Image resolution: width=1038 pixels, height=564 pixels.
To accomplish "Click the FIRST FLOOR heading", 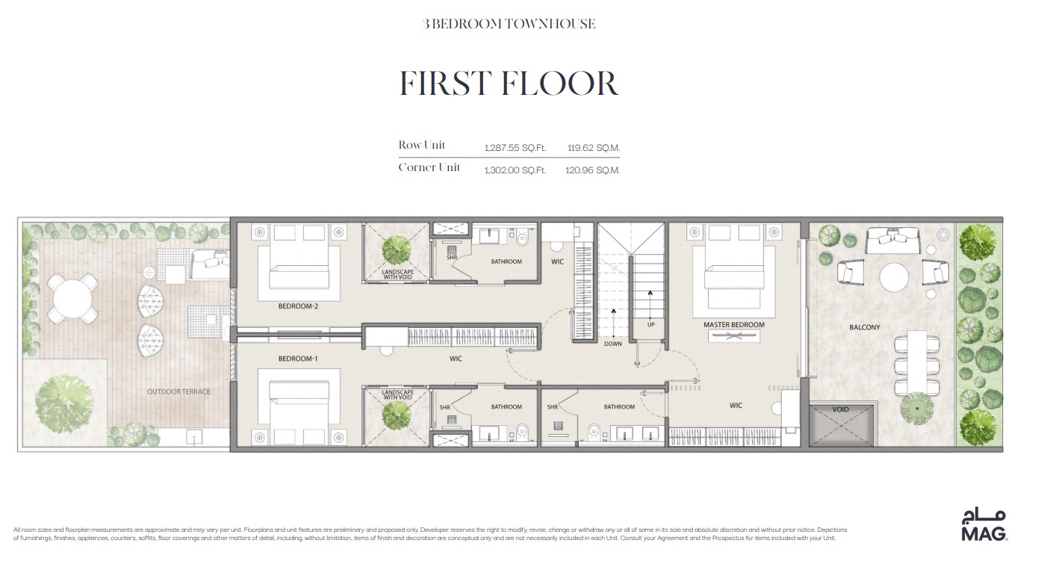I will click(x=509, y=84).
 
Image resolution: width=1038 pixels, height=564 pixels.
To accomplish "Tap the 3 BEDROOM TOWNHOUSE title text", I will click(x=509, y=24).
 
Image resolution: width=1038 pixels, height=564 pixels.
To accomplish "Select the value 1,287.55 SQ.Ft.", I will click(x=515, y=148).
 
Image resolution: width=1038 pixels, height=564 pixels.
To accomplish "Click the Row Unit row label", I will click(x=422, y=145).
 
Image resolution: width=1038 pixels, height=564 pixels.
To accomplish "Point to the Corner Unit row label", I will click(x=429, y=167).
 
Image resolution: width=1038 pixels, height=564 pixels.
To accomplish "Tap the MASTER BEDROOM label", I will click(x=733, y=325).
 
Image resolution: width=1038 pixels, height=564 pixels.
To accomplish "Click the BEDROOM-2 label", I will click(x=299, y=306).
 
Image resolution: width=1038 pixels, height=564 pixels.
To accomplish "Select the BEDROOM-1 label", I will click(x=298, y=359).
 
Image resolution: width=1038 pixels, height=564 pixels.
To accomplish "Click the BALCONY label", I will click(x=864, y=327).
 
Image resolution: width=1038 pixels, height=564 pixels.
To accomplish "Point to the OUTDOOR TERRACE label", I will click(x=178, y=391).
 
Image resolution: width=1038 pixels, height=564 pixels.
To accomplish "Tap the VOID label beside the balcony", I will click(x=840, y=409).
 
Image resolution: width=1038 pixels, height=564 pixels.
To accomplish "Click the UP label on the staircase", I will click(x=650, y=325).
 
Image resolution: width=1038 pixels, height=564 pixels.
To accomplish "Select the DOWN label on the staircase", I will click(x=612, y=344).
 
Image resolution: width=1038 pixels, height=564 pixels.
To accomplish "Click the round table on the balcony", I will click(x=894, y=277).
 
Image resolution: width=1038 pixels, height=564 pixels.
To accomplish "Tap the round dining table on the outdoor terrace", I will click(x=71, y=299).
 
